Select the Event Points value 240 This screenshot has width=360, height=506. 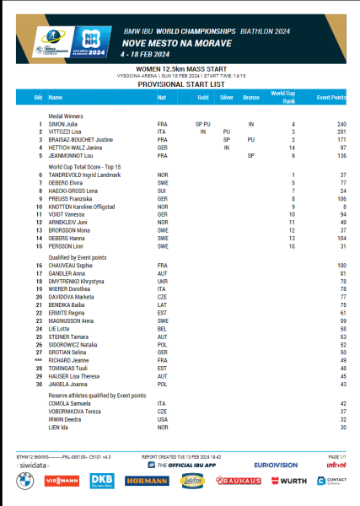pyautogui.click(x=342, y=125)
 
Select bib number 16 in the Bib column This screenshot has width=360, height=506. pyautogui.click(x=39, y=266)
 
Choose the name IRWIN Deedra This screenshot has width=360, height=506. pyautogui.click(x=63, y=419)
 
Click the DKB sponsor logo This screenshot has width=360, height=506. pyautogui.click(x=101, y=481)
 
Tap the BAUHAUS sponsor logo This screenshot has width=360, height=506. pyautogui.click(x=239, y=481)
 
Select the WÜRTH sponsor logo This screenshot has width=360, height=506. pyautogui.click(x=292, y=481)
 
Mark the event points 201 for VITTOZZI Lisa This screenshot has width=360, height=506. pyautogui.click(x=342, y=132)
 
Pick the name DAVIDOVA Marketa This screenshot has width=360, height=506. pyautogui.click(x=67, y=297)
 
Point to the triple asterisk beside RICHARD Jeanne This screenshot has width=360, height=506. pyautogui.click(x=38, y=360)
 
